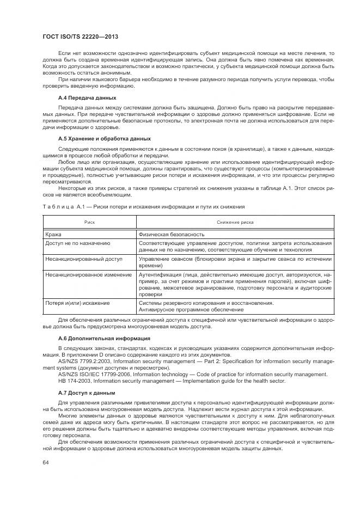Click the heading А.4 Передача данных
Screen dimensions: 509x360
click(x=87, y=97)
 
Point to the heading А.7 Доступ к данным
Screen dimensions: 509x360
click(x=87, y=393)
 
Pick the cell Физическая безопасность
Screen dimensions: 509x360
click(x=172, y=234)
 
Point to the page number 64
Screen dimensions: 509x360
click(x=46, y=462)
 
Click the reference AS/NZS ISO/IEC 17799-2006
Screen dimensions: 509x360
click(x=94, y=374)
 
